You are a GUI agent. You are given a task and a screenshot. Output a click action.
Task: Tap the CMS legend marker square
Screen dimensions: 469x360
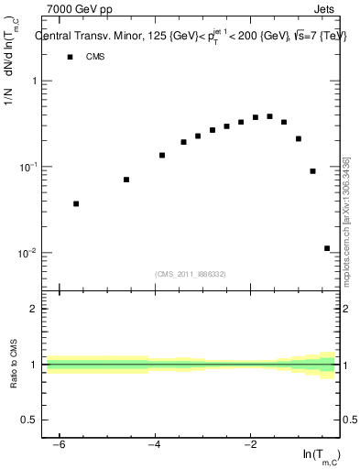[69, 57]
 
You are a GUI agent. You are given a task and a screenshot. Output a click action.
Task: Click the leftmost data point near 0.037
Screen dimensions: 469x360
[76, 204]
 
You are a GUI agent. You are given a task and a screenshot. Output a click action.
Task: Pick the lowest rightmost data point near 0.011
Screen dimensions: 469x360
[327, 248]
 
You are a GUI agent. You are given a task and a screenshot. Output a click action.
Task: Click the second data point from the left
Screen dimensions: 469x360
[126, 180]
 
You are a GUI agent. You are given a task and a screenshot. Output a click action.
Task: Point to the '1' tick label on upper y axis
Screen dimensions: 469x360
[34, 81]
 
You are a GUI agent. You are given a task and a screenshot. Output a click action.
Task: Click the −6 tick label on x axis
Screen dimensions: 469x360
[58, 444]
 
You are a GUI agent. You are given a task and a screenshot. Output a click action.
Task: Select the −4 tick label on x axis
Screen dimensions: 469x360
[153, 444]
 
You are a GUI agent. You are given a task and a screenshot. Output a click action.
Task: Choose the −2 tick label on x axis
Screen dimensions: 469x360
[249, 444]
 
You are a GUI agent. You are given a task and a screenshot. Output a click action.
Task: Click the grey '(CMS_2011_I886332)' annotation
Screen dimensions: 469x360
[191, 274]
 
